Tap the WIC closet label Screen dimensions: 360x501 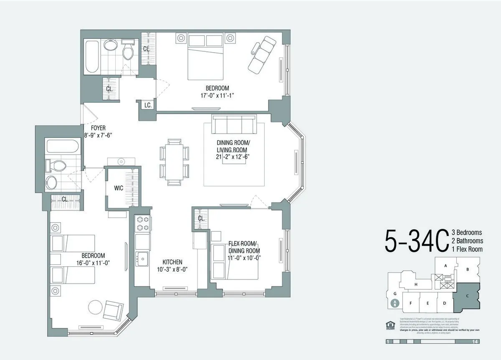tap(119, 188)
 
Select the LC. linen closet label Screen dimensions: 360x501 tap(148, 105)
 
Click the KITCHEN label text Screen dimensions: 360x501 tap(169, 262)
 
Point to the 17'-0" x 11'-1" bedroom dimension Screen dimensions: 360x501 tap(217, 96)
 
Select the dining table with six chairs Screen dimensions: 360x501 tap(174, 158)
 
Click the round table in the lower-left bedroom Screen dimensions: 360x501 tap(95, 308)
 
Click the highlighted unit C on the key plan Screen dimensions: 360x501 tap(467, 296)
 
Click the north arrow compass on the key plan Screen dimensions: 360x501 tap(394, 304)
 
